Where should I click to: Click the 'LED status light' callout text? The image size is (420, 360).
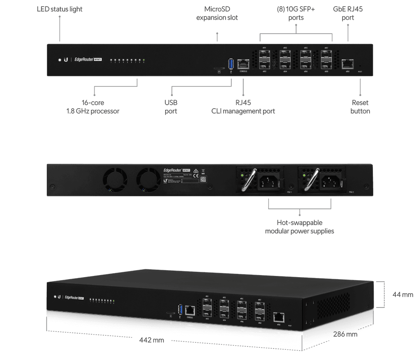click(x=59, y=9)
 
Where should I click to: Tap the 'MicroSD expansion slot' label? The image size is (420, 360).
click(x=217, y=13)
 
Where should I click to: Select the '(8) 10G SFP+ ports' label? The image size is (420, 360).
click(x=296, y=13)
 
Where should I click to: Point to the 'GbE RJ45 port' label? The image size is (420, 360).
click(x=348, y=13)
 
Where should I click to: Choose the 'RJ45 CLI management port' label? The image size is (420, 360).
click(x=243, y=106)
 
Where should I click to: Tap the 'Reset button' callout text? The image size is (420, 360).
click(x=361, y=106)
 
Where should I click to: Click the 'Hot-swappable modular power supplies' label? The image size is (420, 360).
click(x=299, y=227)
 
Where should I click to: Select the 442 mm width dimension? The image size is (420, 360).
click(x=152, y=340)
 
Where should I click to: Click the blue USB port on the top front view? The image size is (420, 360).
click(x=231, y=64)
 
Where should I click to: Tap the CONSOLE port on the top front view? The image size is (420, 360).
click(x=243, y=64)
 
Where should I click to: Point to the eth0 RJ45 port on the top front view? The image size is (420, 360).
click(x=347, y=64)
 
